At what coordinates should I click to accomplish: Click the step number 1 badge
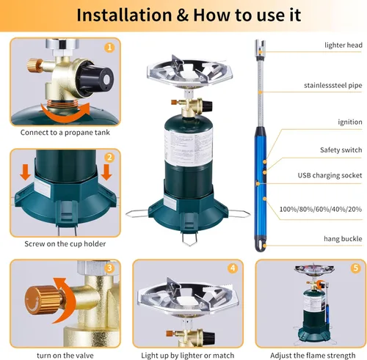click(x=109, y=47)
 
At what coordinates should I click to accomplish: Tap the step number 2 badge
click(x=109, y=158)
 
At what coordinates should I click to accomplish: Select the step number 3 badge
click(x=109, y=268)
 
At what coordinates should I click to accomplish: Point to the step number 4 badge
click(x=233, y=268)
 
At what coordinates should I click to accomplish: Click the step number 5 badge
click(x=355, y=268)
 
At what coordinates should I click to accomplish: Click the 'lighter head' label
click(x=344, y=45)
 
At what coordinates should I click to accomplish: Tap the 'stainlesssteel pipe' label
click(x=333, y=86)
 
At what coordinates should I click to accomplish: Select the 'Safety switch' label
click(x=341, y=150)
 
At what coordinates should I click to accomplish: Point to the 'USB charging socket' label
click(x=330, y=175)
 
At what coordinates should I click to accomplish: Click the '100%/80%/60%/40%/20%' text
click(x=321, y=209)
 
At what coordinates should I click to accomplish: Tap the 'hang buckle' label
click(x=343, y=239)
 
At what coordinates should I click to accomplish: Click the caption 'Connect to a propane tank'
click(x=65, y=133)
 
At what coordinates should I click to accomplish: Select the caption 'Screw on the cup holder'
click(x=65, y=244)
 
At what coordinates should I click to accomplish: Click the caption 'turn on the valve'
click(x=65, y=356)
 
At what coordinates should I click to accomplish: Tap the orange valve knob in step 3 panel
click(x=43, y=300)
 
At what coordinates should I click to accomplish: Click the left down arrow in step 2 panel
click(x=25, y=172)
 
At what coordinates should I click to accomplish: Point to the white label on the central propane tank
click(x=189, y=147)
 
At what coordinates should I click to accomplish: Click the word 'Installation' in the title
click(x=124, y=15)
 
